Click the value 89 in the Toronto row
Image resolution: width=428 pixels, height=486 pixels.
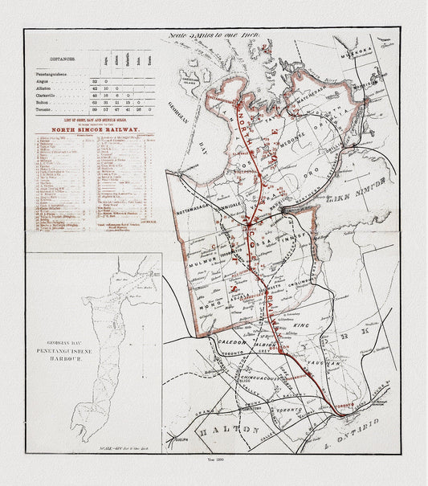(x=95, y=110)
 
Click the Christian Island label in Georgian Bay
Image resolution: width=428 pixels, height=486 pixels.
(x=190, y=82)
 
